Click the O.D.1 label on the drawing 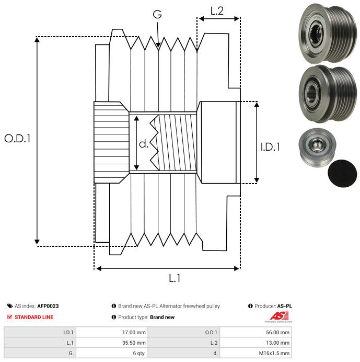coord(17,139)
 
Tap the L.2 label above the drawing coord(217,11)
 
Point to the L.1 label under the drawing coord(175,278)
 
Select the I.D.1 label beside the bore coord(270,148)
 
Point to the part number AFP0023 coord(48,306)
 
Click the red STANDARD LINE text coord(34,317)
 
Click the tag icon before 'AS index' coord(9,306)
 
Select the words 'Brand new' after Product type coord(162,317)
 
